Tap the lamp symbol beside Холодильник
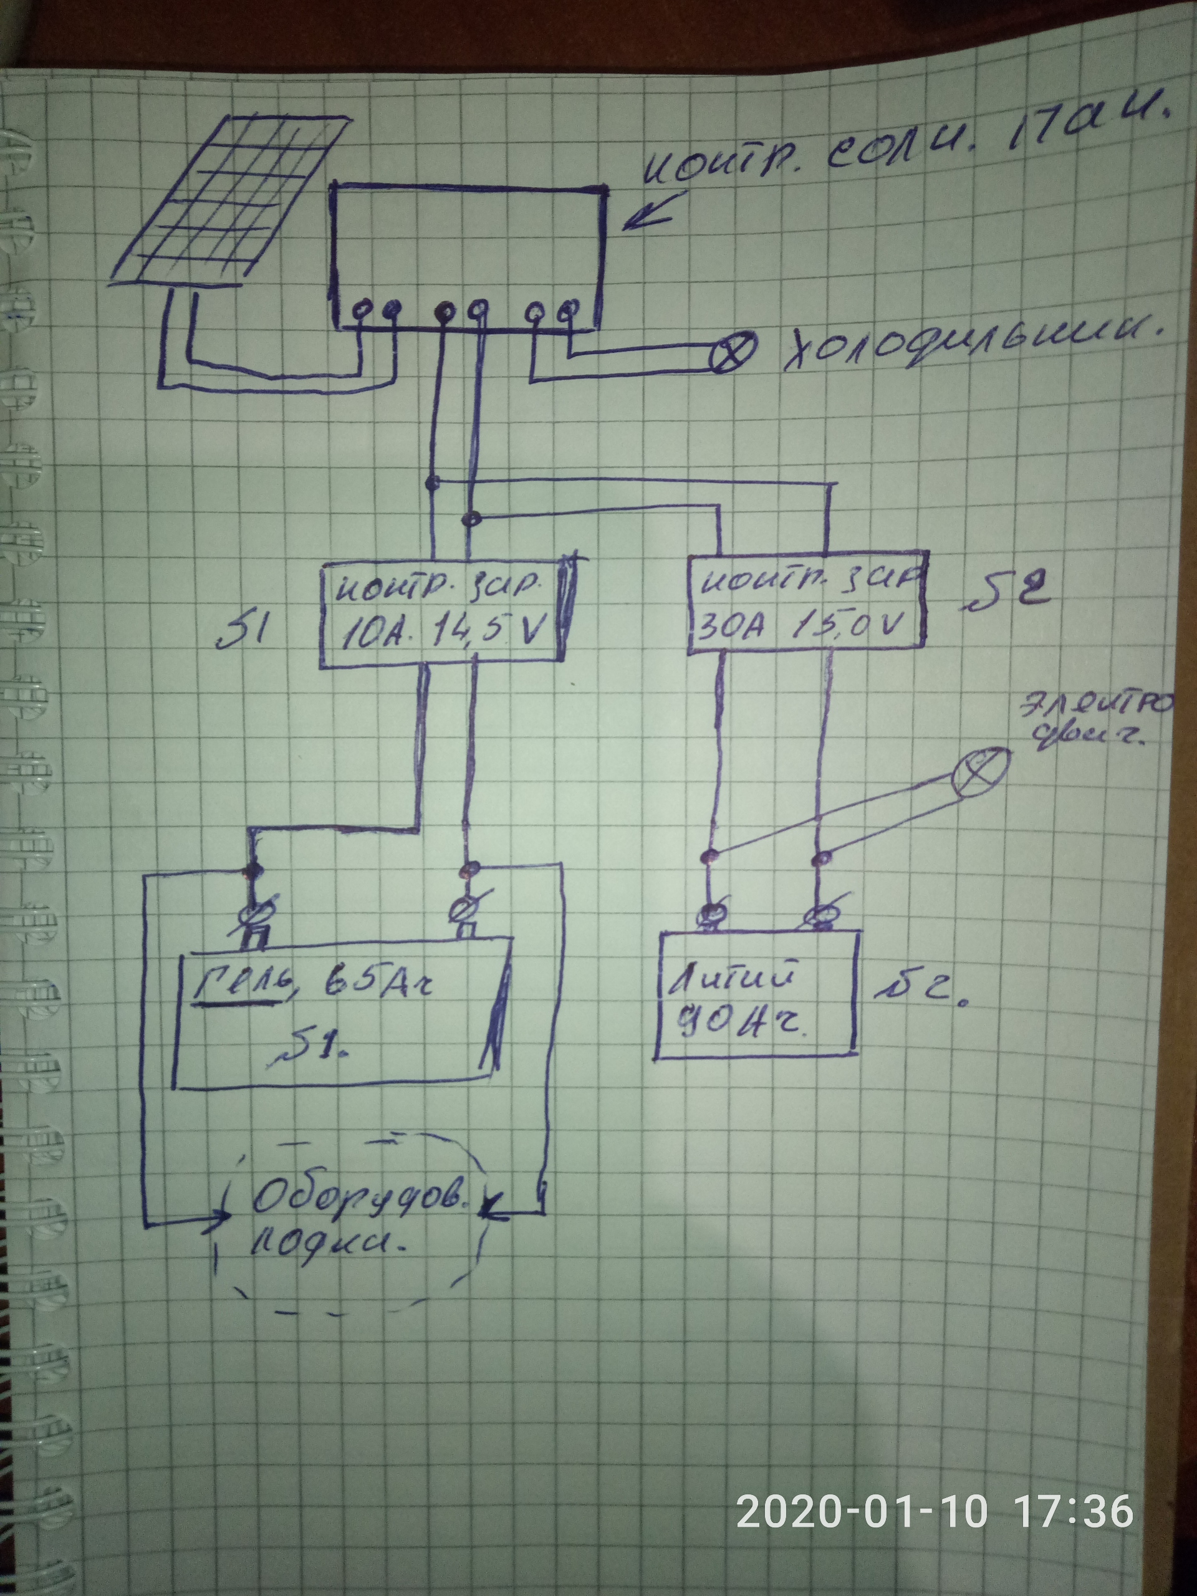734,352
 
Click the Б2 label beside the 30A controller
997,593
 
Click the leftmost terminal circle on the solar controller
363,309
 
